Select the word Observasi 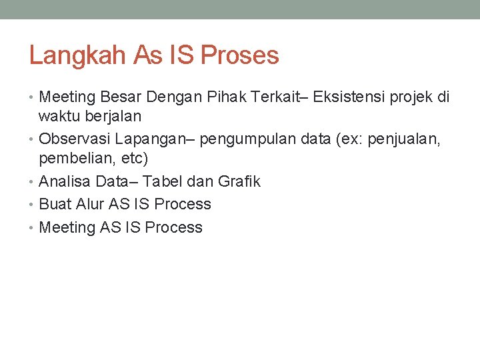tap(74, 139)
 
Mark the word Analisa tap(65, 181)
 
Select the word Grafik tap(239, 181)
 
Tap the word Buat tap(54, 204)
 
